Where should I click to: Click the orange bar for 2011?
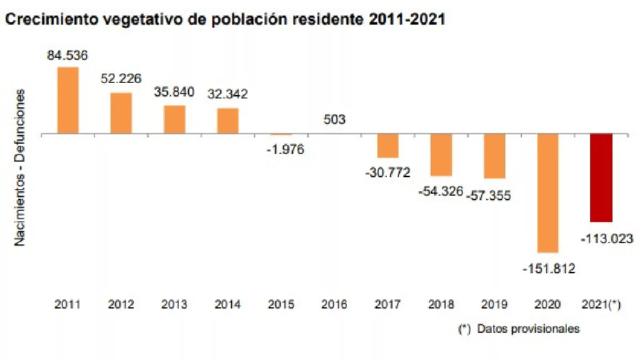pyautogui.click(x=68, y=100)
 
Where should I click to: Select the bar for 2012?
pyautogui.click(x=121, y=113)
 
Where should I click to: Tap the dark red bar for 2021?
pyautogui.click(x=601, y=178)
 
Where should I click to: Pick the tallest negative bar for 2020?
pyautogui.click(x=548, y=193)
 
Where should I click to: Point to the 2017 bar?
pyautogui.click(x=388, y=146)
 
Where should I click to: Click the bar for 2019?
pyautogui.click(x=494, y=156)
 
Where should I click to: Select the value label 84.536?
pyautogui.click(x=67, y=55)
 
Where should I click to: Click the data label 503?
pyautogui.click(x=334, y=119)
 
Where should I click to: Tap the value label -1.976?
pyautogui.click(x=285, y=149)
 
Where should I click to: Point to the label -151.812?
pyautogui.click(x=549, y=268)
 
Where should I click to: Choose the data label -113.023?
pyautogui.click(x=606, y=239)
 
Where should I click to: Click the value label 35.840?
pyautogui.click(x=174, y=92)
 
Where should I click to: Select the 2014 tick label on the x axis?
pyautogui.click(x=228, y=304)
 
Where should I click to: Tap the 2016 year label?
pyautogui.click(x=334, y=304)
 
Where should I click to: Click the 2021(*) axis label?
pyautogui.click(x=601, y=304)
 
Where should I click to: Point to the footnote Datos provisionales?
pyautogui.click(x=528, y=329)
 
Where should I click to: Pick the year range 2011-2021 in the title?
pyautogui.click(x=407, y=19)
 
